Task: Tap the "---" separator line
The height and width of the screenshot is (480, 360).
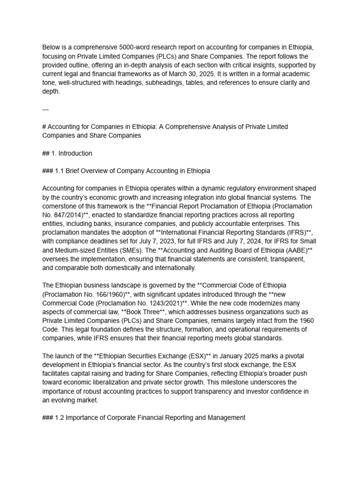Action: (45, 109)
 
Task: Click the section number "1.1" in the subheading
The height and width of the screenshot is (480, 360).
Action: (61, 171)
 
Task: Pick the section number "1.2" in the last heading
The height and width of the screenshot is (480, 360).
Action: (61, 417)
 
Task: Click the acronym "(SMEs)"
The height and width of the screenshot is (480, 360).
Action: (133, 250)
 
